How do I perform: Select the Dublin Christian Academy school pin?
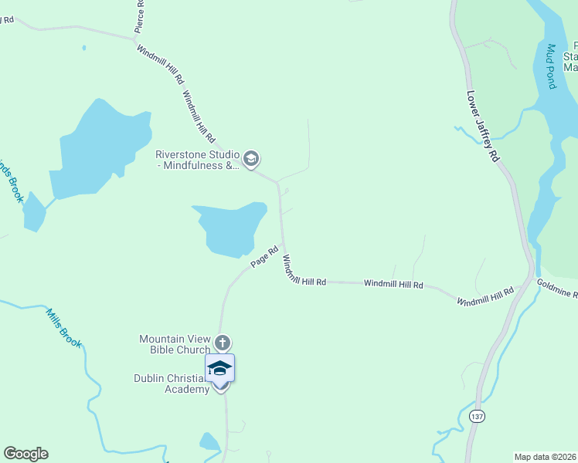pyautogui.click(x=219, y=369)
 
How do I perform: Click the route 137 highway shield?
pyautogui.click(x=477, y=416)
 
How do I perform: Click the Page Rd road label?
pyautogui.click(x=264, y=258)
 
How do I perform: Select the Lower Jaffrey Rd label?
pyautogui.click(x=484, y=127)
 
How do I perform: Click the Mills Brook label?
pyautogui.click(x=63, y=328)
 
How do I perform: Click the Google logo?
pyautogui.click(x=25, y=454)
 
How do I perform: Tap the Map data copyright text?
pyautogui.click(x=545, y=456)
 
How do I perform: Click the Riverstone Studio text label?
pyautogui.click(x=198, y=160)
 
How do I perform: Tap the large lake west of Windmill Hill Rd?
pyautogui.click(x=97, y=150)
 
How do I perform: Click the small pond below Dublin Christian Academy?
pyautogui.click(x=209, y=441)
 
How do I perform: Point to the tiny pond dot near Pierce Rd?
pyautogui.click(x=83, y=48)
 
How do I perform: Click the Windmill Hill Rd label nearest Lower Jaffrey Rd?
pyautogui.click(x=484, y=296)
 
